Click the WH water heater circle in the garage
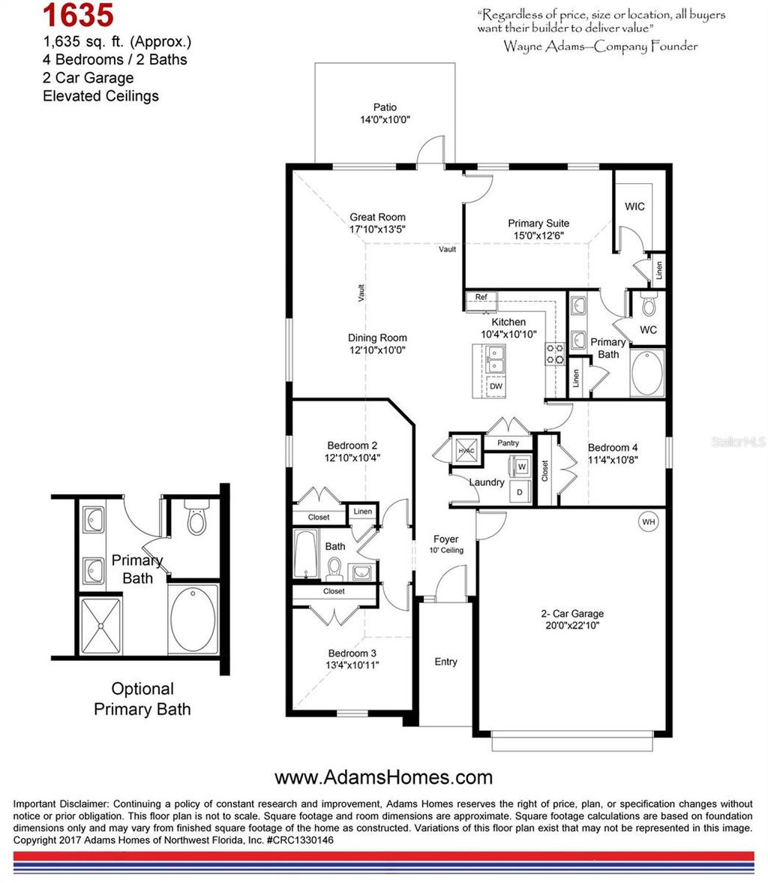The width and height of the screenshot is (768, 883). tap(647, 521)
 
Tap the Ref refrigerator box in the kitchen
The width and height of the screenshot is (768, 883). tap(481, 298)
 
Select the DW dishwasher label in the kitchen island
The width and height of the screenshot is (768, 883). tap(496, 386)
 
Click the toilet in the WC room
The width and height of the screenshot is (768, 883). tap(649, 305)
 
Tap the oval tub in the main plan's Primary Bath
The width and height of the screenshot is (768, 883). tap(647, 372)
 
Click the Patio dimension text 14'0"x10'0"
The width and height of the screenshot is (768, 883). tap(385, 120)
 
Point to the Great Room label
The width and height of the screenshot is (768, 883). tap(377, 218)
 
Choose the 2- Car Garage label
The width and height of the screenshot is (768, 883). tap(572, 613)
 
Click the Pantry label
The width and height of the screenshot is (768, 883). tap(508, 443)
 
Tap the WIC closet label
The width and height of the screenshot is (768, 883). tap(634, 207)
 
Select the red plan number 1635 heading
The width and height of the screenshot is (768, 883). tap(78, 15)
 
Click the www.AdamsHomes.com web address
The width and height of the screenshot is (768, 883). tap(383, 777)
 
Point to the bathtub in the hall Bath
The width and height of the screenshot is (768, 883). tap(306, 554)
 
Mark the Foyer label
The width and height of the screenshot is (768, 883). tap(445, 539)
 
